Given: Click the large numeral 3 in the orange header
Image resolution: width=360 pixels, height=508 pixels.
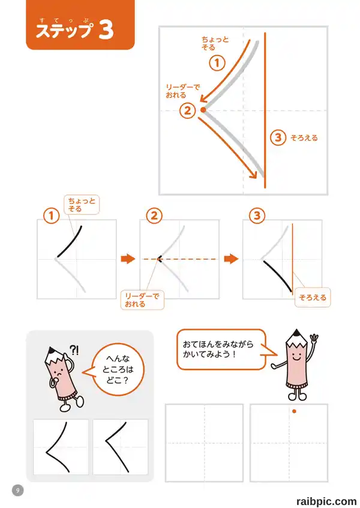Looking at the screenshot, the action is [x=106, y=30].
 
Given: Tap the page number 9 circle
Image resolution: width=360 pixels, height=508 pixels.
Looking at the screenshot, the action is [x=18, y=490].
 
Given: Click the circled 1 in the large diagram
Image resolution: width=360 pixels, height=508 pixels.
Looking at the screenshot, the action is [x=217, y=63].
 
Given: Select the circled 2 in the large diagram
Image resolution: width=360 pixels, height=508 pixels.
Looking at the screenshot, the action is [x=188, y=111].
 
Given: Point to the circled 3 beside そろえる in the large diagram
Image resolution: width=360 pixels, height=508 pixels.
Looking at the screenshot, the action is [x=278, y=137].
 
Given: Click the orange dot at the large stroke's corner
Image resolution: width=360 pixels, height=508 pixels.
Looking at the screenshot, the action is [x=203, y=110].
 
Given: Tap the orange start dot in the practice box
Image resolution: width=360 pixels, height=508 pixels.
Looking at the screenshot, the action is [x=294, y=411].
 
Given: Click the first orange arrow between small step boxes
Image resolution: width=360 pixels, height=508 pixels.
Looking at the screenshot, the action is [x=128, y=259].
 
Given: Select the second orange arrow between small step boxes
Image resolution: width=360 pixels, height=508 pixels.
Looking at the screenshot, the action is [x=232, y=259].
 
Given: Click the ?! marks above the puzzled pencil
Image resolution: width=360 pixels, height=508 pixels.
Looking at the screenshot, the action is [x=74, y=350].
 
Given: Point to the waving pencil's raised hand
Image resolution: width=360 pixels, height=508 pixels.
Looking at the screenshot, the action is [x=314, y=339].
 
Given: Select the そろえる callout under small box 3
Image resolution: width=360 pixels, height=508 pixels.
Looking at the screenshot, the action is [x=313, y=297].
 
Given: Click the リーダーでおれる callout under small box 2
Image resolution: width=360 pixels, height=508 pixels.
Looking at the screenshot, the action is [x=142, y=300].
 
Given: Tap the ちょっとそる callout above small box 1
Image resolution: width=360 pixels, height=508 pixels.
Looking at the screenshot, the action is [x=82, y=205].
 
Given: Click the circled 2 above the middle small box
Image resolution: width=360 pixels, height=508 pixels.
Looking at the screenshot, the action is [x=154, y=216].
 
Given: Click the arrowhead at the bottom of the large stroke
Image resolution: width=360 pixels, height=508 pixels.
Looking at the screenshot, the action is [x=253, y=175].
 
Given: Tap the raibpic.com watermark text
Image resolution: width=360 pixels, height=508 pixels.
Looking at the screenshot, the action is [x=326, y=501].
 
